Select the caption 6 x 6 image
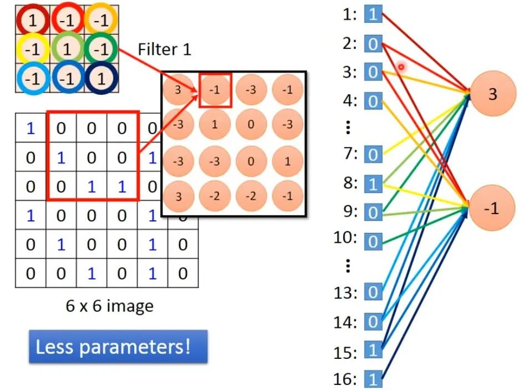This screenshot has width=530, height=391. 109,306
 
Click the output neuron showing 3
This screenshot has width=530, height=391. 492,94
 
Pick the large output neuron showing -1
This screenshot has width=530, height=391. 492,208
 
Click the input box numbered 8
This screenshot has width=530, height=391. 373,183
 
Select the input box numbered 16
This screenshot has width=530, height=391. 373,379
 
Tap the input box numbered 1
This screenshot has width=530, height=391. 373,14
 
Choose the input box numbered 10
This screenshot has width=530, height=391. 373,241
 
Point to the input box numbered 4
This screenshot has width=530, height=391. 373,101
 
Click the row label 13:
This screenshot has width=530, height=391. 348,292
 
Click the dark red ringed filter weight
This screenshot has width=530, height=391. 32,21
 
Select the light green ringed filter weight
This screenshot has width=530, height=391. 67,50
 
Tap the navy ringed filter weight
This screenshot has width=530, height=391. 100,79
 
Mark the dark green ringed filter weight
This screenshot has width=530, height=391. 100,50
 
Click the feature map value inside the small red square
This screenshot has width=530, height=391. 216,90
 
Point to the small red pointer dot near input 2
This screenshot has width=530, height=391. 401,67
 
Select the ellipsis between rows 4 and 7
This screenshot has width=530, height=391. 348,128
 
